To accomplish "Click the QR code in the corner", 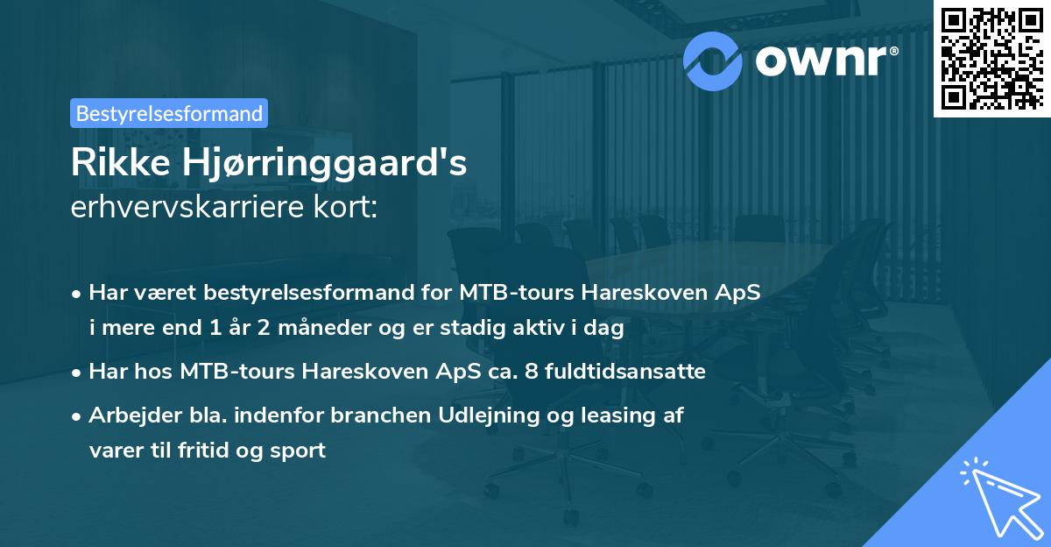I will [991, 58].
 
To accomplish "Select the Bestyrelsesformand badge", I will [169, 113].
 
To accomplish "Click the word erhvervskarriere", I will [176, 208].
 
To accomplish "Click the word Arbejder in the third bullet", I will [126, 416].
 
